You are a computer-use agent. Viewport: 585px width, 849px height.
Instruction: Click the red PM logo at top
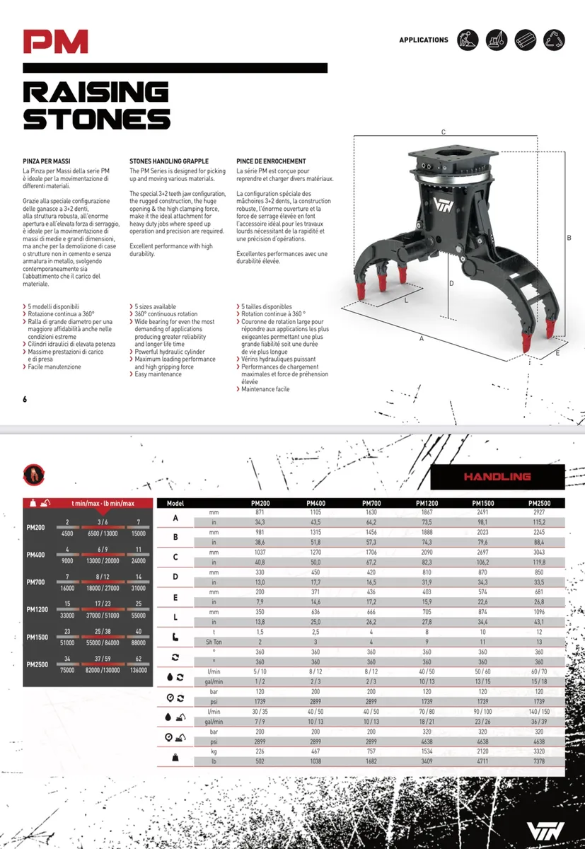pos(55,42)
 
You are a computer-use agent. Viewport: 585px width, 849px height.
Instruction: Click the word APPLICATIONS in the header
pos(424,40)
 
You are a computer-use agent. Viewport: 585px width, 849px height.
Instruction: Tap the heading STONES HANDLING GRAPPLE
pos(169,161)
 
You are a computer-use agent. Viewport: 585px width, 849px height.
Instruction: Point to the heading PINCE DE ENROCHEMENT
pos(271,161)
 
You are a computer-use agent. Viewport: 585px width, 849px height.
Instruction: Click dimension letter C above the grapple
pos(443,132)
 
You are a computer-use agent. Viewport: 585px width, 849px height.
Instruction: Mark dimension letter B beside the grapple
pos(569,238)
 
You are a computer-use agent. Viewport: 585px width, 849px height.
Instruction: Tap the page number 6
pos(25,400)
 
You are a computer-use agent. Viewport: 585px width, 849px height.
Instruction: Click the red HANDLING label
pos(497,477)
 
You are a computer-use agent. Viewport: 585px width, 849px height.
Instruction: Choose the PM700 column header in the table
pos(371,503)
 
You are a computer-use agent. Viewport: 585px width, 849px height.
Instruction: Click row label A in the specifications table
pos(175,517)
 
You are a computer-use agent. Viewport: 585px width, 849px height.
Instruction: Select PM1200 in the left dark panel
pos(36,609)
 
